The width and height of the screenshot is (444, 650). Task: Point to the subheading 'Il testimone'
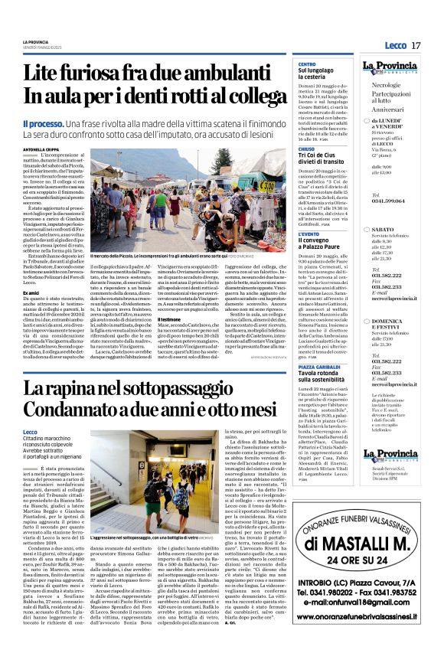click(168, 297)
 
